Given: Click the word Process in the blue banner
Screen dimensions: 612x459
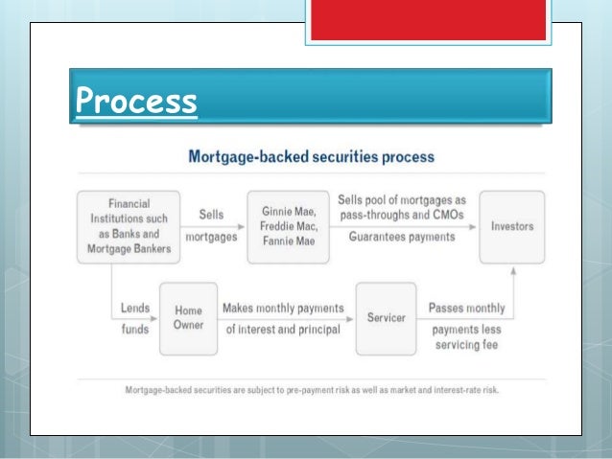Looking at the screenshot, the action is [135, 101].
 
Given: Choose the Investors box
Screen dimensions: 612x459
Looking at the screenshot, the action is [511, 227].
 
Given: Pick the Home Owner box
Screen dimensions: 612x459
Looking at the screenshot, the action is [187, 319].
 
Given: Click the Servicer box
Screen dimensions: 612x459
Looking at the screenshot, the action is [386, 317].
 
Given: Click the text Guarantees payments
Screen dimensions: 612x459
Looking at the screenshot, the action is [401, 237].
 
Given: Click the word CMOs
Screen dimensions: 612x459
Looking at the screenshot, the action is [443, 216].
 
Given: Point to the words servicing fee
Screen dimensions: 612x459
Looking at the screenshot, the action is [469, 343].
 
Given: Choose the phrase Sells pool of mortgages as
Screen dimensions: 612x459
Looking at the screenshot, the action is [401, 198].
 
